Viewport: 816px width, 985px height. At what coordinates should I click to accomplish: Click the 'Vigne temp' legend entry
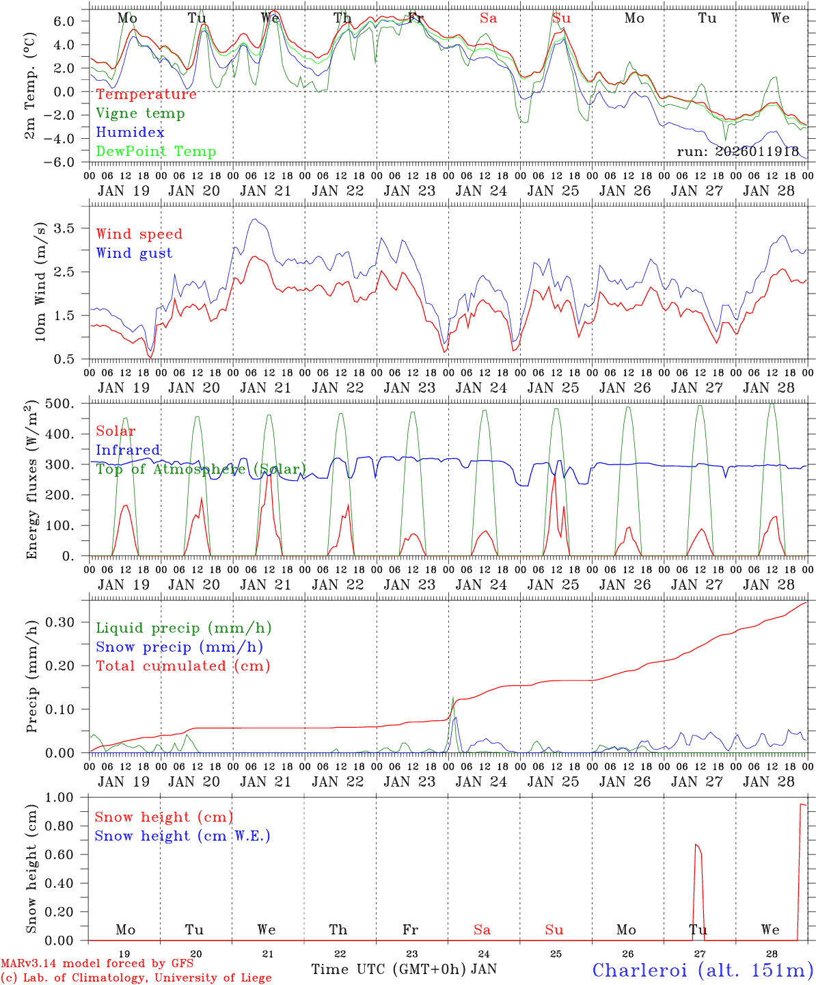tap(140, 114)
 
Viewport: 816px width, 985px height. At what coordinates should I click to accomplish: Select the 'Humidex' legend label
tap(130, 133)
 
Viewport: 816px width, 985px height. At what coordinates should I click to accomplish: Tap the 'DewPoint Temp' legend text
tap(156, 152)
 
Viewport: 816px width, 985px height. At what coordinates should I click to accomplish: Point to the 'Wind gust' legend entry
tap(134, 253)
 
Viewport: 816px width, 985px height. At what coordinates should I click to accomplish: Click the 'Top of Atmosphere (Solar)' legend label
tap(201, 469)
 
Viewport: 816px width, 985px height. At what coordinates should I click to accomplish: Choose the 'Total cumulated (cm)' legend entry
tap(182, 666)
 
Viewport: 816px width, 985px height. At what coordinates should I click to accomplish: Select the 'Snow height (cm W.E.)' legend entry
tap(182, 836)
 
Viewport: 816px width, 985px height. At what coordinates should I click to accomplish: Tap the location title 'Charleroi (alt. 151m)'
tap(703, 970)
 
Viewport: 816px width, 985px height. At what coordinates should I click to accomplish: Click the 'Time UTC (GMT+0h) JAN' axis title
tap(403, 969)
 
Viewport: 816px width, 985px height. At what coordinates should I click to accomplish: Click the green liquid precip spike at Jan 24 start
tap(452, 699)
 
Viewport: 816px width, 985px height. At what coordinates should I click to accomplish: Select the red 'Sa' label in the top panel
tap(488, 18)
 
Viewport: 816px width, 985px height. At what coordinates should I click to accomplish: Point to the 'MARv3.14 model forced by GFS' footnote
tap(97, 964)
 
